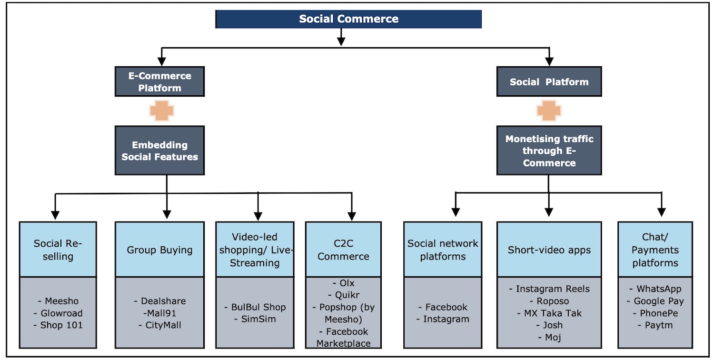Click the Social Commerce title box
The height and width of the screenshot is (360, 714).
(x=348, y=19)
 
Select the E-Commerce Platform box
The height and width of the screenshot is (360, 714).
(x=159, y=81)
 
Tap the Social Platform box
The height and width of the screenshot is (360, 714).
(x=549, y=82)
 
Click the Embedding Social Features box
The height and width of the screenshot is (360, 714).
(x=159, y=150)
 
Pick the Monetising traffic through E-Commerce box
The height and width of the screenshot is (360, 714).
(x=549, y=150)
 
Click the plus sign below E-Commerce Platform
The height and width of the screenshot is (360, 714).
(x=161, y=111)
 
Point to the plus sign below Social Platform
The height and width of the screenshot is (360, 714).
(x=549, y=111)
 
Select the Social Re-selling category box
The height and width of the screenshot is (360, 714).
(x=58, y=250)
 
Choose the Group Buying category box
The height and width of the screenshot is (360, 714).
(x=159, y=250)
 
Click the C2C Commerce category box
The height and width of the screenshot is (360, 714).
(x=343, y=250)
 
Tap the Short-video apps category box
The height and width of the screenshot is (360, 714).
(x=549, y=250)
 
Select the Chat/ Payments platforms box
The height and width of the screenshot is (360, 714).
(x=655, y=250)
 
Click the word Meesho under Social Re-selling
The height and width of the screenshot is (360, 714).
(x=61, y=301)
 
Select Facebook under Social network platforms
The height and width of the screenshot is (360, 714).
(x=446, y=307)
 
